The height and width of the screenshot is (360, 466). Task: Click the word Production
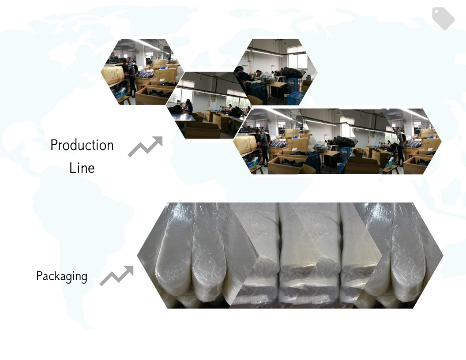click(82, 146)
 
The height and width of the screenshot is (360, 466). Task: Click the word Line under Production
click(82, 168)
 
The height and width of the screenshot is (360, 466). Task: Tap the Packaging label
click(62, 277)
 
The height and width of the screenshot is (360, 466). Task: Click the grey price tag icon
click(443, 18)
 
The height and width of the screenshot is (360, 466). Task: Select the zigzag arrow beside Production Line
click(145, 146)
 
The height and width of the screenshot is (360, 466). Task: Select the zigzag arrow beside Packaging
click(116, 276)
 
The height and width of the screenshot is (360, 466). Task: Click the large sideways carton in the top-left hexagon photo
click(113, 75)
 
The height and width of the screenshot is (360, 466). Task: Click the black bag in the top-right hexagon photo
click(293, 72)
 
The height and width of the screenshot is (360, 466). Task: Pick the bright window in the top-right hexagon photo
click(296, 57)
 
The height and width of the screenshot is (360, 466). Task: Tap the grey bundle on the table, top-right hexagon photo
click(267, 78)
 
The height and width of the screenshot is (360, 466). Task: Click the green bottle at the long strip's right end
click(390, 163)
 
